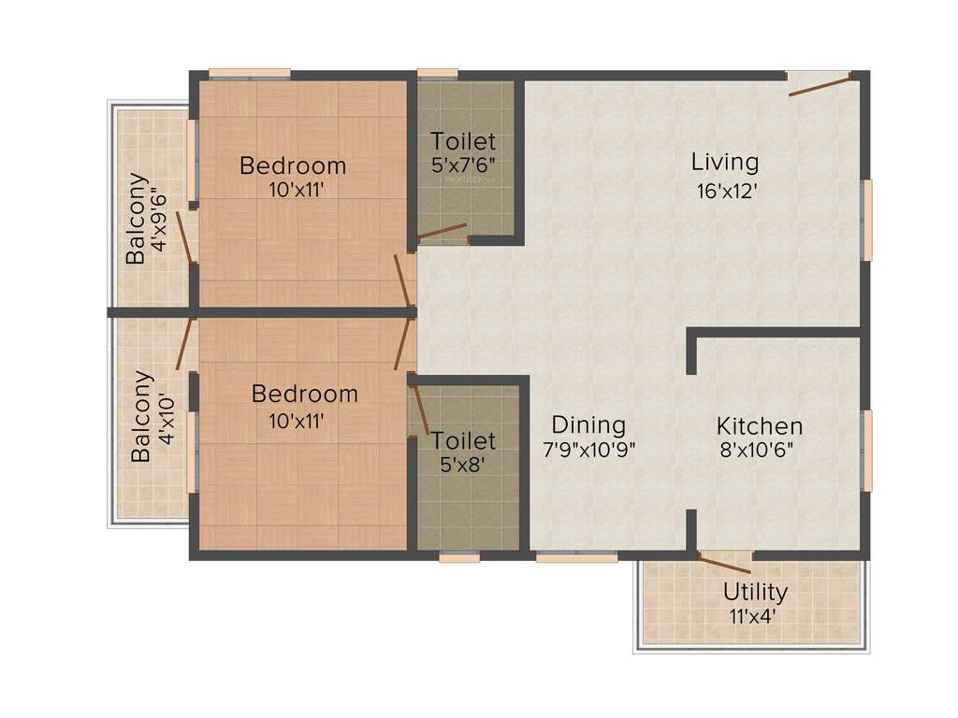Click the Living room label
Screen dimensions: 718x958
(725, 162)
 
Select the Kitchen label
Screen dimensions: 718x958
(759, 426)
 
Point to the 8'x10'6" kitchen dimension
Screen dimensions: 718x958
(759, 450)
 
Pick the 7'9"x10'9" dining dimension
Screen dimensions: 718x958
(589, 449)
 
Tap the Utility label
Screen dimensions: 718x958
(754, 592)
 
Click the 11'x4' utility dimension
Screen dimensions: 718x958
(754, 616)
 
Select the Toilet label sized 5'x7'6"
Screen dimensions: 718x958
(462, 142)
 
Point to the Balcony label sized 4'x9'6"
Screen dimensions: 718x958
(137, 218)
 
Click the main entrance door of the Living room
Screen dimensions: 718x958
(820, 85)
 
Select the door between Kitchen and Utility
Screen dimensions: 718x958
(725, 563)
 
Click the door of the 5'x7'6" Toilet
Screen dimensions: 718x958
(442, 231)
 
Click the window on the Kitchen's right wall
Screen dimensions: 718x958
(867, 451)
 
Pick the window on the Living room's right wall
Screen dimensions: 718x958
(867, 220)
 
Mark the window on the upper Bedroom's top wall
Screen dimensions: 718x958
(249, 74)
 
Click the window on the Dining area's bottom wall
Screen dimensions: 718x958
(576, 557)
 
